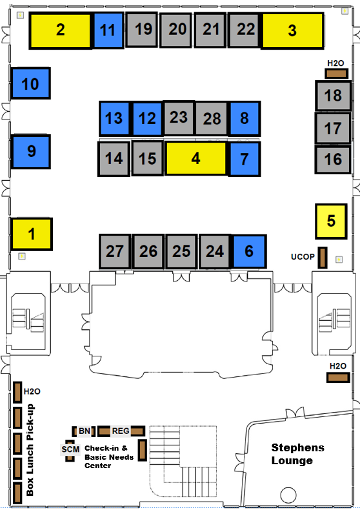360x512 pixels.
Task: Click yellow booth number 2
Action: click(x=61, y=30)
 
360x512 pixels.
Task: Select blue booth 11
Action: click(x=108, y=30)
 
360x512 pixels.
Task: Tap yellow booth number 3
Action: click(x=292, y=31)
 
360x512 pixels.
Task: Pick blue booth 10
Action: click(x=31, y=83)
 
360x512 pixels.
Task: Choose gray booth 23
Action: click(x=179, y=118)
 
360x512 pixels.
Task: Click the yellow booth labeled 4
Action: click(x=195, y=158)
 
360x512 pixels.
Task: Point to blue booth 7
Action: click(x=245, y=159)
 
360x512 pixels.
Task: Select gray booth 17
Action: click(x=333, y=128)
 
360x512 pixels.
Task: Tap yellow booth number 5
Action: click(x=331, y=221)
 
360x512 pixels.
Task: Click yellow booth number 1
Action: click(x=32, y=234)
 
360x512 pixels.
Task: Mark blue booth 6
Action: click(x=250, y=251)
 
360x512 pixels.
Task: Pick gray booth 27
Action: click(x=115, y=251)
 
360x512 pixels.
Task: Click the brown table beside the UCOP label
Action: click(x=323, y=258)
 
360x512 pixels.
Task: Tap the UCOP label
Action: click(x=303, y=257)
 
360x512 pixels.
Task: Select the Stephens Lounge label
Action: click(x=297, y=454)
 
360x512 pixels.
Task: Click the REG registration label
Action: click(x=121, y=431)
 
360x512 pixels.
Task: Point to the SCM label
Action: click(x=70, y=449)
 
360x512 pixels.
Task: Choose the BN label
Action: click(x=85, y=431)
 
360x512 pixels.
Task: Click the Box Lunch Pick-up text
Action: click(x=30, y=450)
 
